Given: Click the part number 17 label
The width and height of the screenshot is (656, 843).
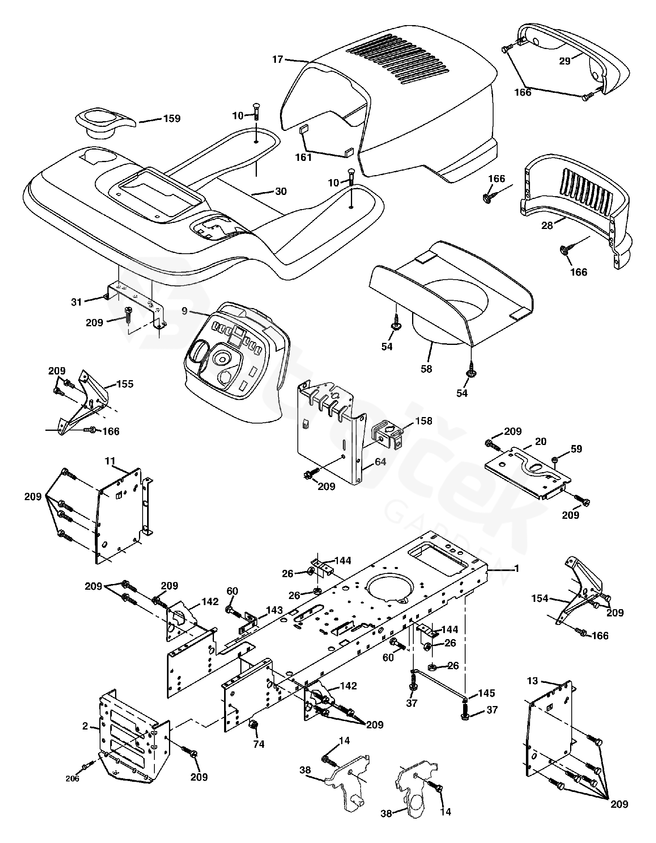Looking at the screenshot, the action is coord(278,60).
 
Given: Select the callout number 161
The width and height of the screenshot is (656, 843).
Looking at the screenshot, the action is coord(303,157).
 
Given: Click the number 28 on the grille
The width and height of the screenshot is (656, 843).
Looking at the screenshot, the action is coord(547,226).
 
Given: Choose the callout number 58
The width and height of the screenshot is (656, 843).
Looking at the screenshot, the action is coord(426,369).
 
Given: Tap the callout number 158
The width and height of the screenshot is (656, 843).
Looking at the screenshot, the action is coord(423,421).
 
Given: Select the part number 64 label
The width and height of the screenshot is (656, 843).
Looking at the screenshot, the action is coord(380,462).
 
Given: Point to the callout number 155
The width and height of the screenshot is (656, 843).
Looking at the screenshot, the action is coord(125,384).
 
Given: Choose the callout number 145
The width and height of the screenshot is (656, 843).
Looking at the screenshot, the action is coord(486,693).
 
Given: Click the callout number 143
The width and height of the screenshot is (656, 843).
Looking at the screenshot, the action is coord(274,610).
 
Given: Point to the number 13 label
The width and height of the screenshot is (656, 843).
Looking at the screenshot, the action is coord(533,681).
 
